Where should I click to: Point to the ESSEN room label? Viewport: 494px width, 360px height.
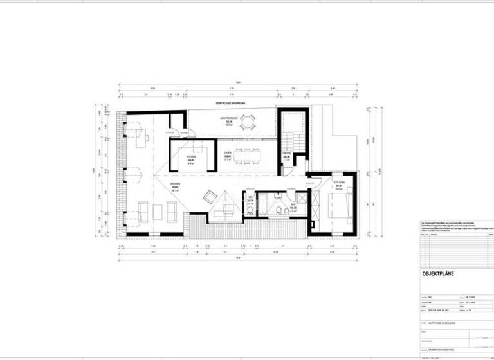228,155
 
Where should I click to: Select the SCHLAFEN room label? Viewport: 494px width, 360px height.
338,184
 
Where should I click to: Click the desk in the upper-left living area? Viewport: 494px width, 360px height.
142,136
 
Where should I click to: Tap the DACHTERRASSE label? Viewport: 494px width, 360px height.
229,122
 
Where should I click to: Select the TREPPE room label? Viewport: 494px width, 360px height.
287,155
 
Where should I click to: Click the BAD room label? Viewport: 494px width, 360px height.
293,208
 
